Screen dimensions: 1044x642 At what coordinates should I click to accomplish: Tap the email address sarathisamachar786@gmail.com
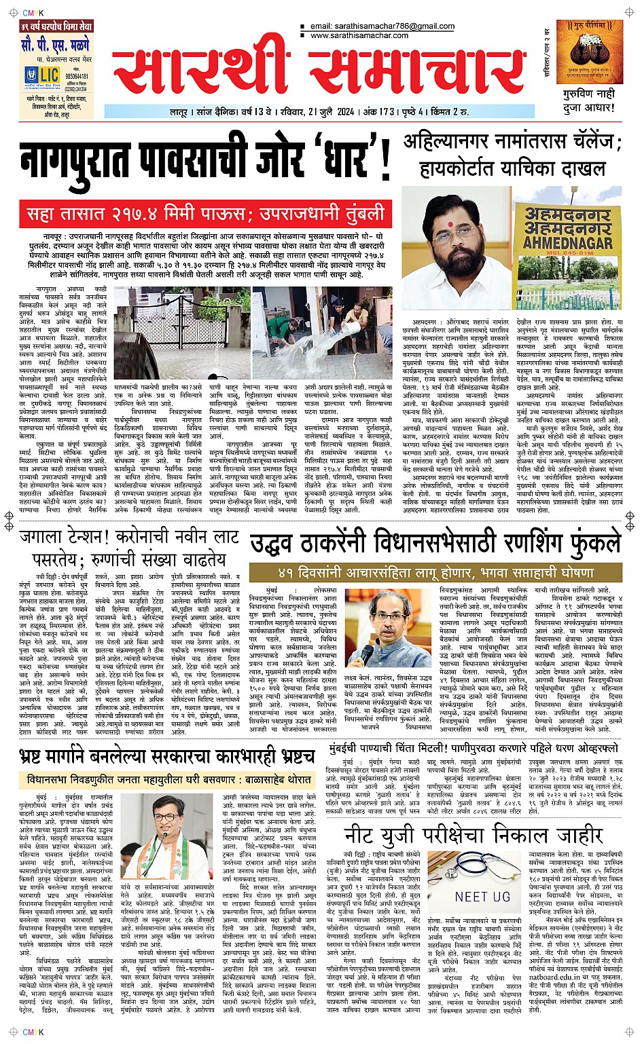382,26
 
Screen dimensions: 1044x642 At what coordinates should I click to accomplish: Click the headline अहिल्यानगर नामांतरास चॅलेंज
512,143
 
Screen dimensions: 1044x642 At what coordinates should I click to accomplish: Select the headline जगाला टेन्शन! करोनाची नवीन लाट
129,539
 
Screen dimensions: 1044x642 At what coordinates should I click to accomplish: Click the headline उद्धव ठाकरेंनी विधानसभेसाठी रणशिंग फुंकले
435,544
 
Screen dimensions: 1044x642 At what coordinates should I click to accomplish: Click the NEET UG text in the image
482,897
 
